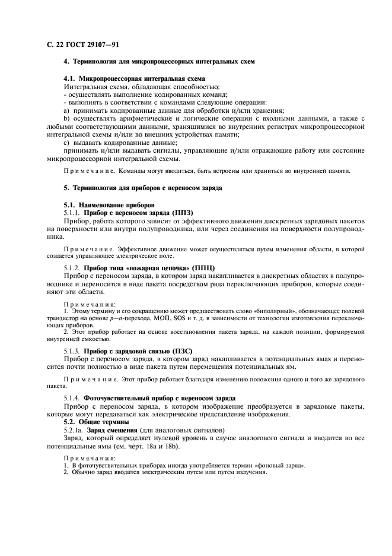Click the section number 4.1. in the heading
70,78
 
